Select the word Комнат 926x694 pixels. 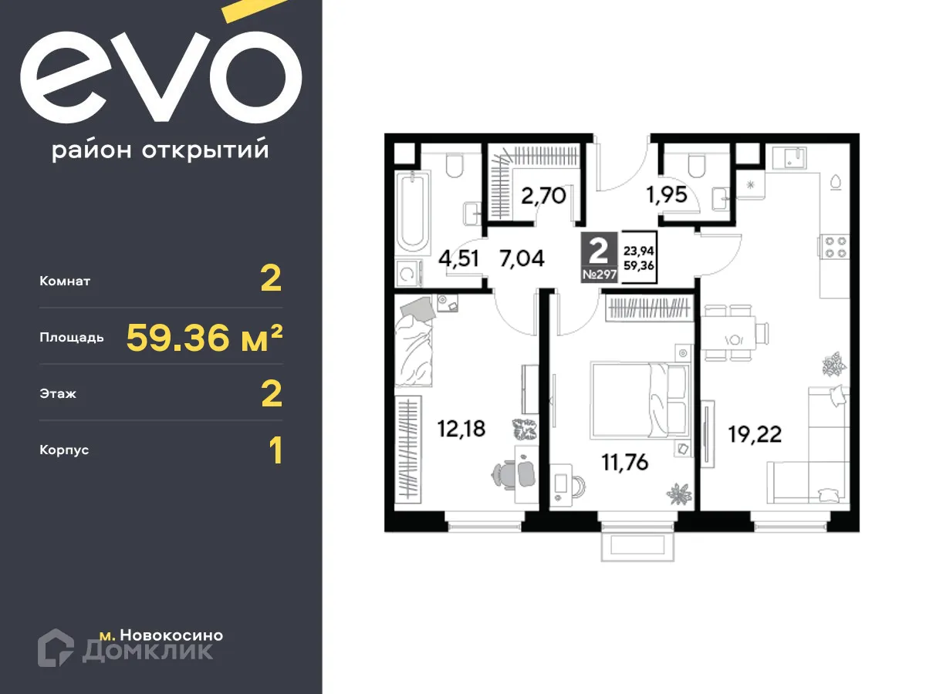pos(65,281)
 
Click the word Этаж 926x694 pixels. pos(58,394)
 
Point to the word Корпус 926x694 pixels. pos(64,450)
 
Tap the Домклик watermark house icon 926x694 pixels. pos(56,648)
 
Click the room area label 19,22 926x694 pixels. pos(754,435)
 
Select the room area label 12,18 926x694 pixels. pos(461,429)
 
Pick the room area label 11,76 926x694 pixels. pos(625,463)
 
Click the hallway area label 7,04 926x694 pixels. pos(522,258)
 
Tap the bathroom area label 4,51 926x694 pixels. pos(458,258)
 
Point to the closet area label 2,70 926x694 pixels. pos(543,195)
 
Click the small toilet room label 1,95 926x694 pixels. pos(667,195)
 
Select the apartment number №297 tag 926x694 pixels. pos(599,275)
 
